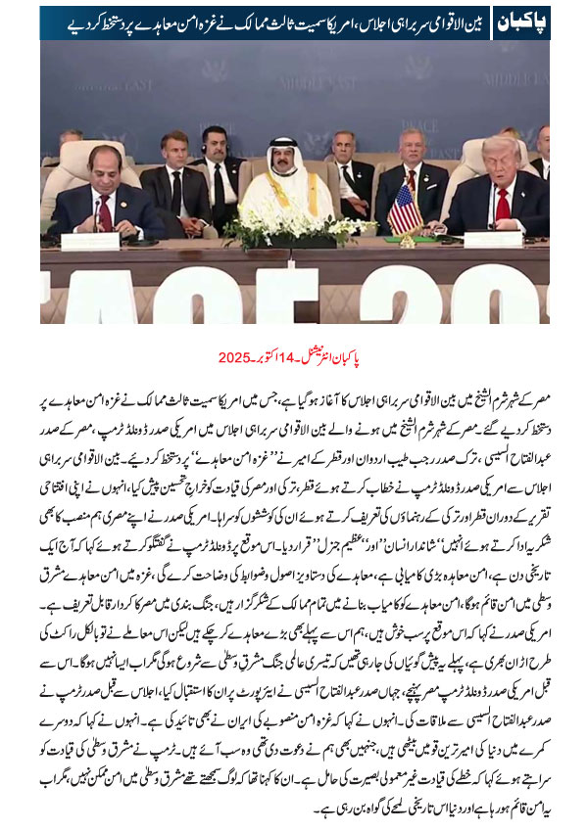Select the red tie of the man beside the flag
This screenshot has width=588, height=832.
coord(503,204)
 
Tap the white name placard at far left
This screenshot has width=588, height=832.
coord(89,240)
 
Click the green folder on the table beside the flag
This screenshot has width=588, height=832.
coord(432,239)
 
